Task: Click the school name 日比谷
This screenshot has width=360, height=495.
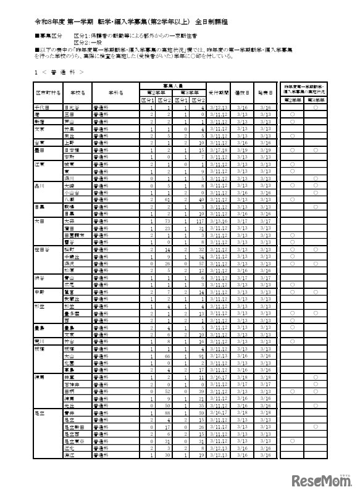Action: [72, 107]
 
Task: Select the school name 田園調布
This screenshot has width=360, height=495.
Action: [73, 235]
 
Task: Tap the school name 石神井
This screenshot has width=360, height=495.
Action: [73, 384]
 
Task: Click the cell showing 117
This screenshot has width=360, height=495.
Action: [200, 220]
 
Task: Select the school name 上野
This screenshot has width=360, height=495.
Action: [70, 142]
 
